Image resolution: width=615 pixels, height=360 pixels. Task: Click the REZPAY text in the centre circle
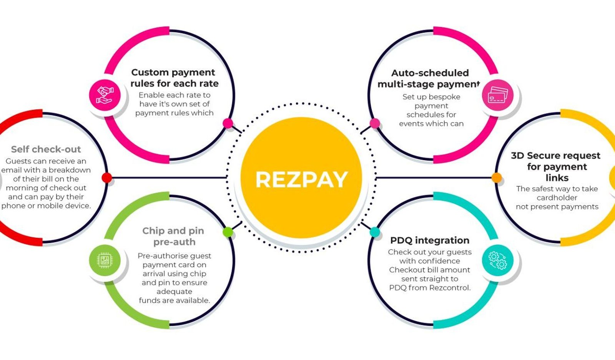click(x=301, y=180)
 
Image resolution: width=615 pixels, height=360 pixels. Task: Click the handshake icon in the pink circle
click(x=105, y=95)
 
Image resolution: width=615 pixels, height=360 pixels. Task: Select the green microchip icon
click(x=105, y=260)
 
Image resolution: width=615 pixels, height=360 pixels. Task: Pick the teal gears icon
click(x=498, y=260)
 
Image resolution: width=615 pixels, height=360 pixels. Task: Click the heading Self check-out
click(x=46, y=149)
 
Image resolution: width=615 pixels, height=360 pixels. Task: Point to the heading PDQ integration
click(x=430, y=241)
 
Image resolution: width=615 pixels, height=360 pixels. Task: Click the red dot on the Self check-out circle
click(x=107, y=178)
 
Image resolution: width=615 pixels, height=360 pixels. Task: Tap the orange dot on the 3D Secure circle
click(x=496, y=178)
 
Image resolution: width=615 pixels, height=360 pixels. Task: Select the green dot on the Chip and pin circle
click(x=228, y=232)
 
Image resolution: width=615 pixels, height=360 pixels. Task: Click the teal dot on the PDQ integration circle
click(x=375, y=232)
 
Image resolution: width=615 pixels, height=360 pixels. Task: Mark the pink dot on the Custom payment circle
click(x=228, y=123)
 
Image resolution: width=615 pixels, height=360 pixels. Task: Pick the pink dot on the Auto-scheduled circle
click(x=375, y=123)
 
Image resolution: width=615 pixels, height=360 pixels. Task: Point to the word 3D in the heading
click(x=517, y=156)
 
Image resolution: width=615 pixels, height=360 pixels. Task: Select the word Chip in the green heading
click(x=152, y=231)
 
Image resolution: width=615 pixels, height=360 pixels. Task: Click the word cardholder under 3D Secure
click(x=557, y=197)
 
